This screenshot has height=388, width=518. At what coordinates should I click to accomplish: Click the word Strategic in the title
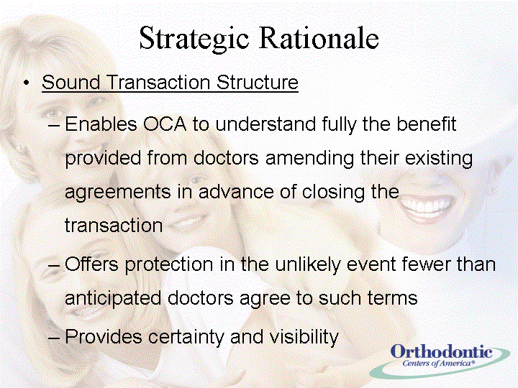tap(194, 39)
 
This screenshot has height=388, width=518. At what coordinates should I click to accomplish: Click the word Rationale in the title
tap(319, 37)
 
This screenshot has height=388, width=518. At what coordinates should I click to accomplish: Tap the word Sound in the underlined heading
tap(71, 82)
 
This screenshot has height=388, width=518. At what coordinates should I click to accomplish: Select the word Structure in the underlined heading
tap(258, 82)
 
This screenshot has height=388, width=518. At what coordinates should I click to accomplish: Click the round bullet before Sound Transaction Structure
tap(27, 83)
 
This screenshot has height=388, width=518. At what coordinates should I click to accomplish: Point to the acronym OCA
tap(165, 124)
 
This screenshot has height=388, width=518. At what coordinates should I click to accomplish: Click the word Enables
tap(101, 124)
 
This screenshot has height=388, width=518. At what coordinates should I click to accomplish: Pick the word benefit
tap(426, 124)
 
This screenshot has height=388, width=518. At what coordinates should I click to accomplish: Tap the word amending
tap(309, 158)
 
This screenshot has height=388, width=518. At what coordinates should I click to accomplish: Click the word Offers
tap(91, 264)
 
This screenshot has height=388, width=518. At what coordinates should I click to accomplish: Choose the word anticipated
tap(113, 299)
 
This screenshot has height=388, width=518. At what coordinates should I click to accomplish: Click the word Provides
tap(104, 337)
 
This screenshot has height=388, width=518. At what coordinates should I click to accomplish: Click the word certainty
tap(186, 338)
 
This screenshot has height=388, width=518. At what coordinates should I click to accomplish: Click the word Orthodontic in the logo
tap(441, 351)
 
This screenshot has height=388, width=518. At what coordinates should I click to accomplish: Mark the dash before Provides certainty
tap(54, 338)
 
